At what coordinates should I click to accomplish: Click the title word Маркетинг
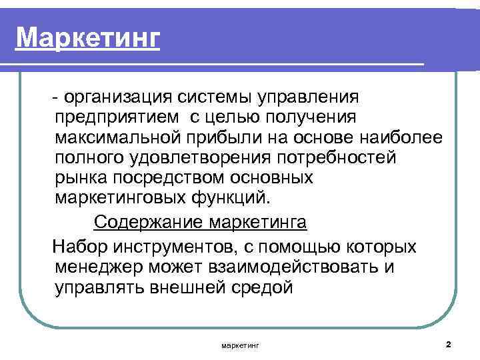89,38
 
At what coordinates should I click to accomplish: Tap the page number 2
448,345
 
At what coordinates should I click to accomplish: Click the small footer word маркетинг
239,345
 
